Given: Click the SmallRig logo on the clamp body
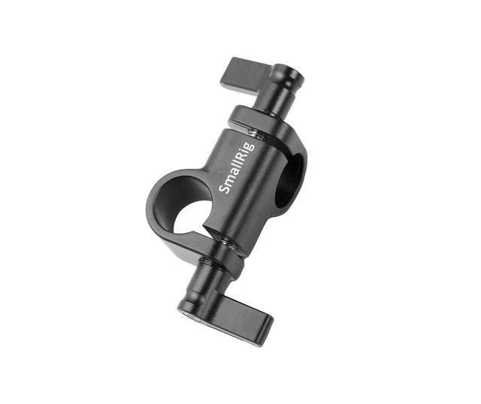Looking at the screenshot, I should click(237, 167).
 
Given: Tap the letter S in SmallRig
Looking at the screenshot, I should click(225, 190).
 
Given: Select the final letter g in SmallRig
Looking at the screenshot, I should click(250, 144).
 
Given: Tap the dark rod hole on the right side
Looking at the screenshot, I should click(289, 180).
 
